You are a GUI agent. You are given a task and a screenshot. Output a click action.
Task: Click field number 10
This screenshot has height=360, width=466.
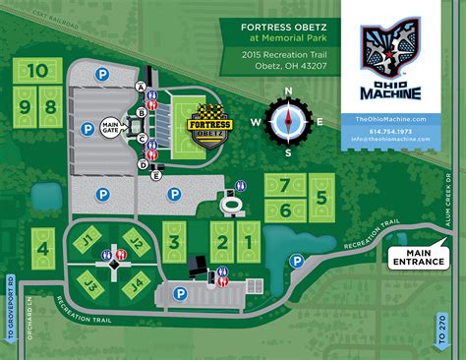(x=37, y=71)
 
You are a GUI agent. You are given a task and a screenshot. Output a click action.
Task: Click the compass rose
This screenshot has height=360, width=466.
(x=288, y=122)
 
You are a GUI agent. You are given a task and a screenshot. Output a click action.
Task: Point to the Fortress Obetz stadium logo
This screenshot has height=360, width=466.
(x=208, y=128)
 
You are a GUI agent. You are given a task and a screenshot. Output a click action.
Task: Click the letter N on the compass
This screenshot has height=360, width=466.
(x=288, y=91)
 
